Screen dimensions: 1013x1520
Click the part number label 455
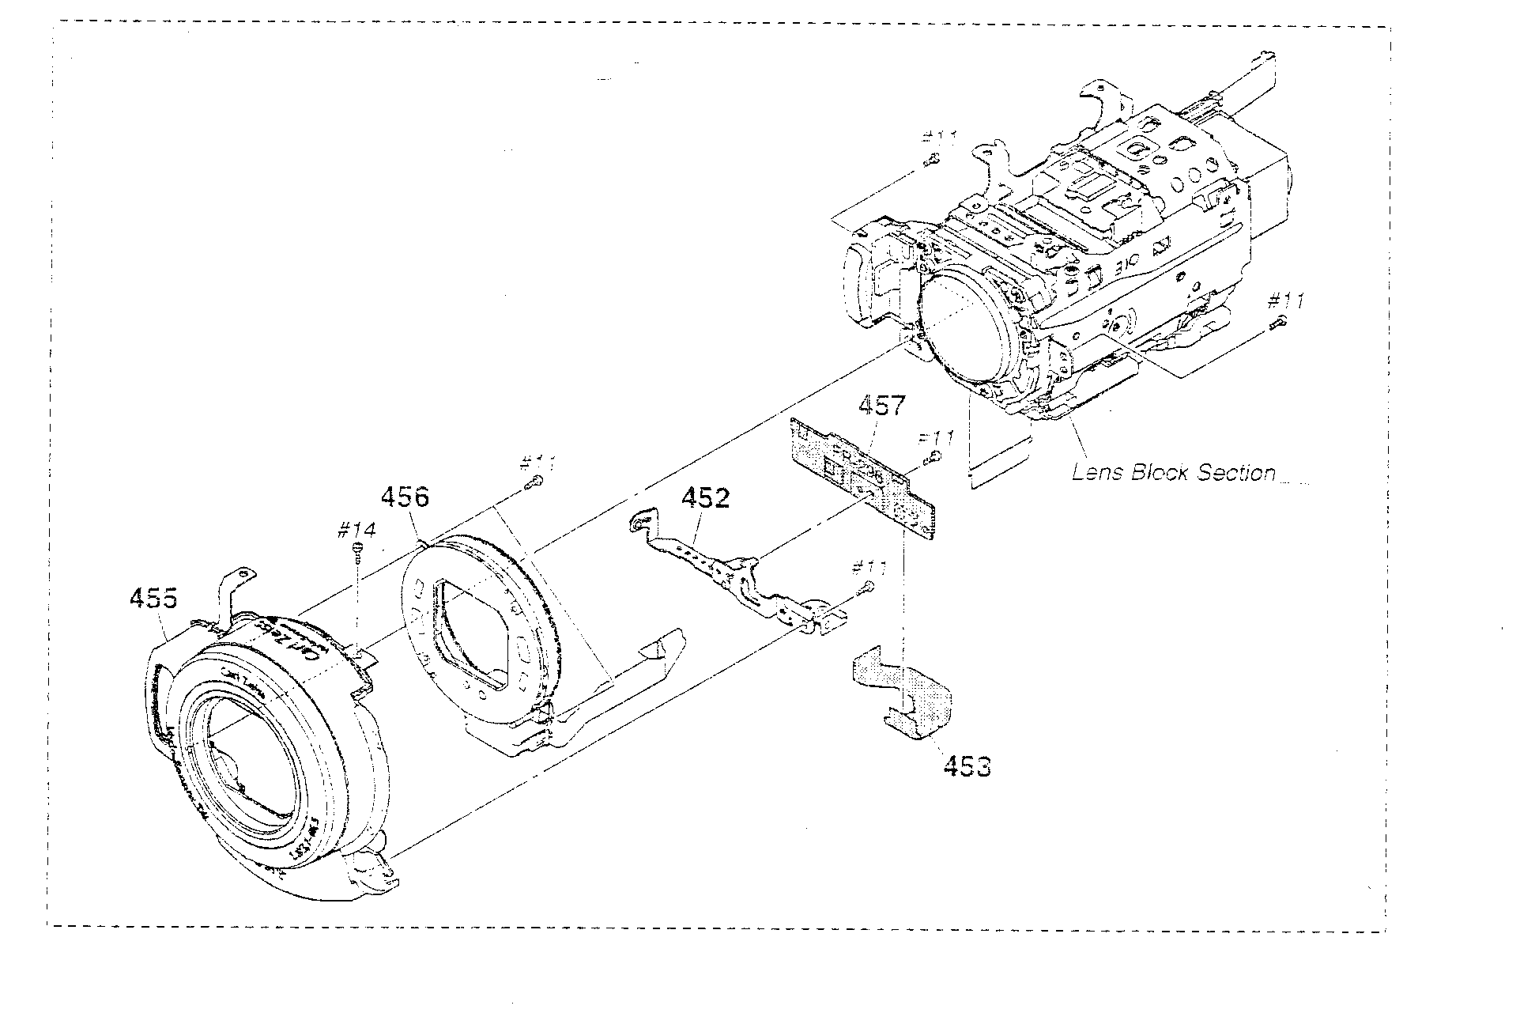click(x=153, y=599)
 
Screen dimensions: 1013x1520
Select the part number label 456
click(x=405, y=497)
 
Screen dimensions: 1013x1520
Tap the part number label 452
click(x=706, y=498)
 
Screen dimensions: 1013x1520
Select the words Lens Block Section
click(x=1173, y=473)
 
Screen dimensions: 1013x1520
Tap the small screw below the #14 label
click(x=357, y=550)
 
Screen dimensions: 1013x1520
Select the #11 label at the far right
click(x=1285, y=300)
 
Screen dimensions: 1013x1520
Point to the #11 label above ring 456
click(x=541, y=463)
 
